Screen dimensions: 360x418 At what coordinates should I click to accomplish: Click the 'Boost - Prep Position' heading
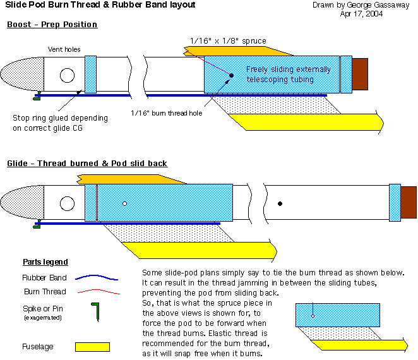pyautogui.click(x=52, y=25)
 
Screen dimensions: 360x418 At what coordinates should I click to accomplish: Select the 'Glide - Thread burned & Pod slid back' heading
pyautogui.click(x=87, y=163)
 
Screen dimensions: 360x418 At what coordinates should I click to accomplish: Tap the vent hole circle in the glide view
pyautogui.click(x=68, y=203)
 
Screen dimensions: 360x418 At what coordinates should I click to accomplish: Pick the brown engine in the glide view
pyautogui.click(x=409, y=202)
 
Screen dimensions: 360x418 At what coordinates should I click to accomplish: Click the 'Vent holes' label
pyautogui.click(x=64, y=49)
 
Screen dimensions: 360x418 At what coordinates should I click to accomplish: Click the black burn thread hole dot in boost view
pyautogui.click(x=232, y=76)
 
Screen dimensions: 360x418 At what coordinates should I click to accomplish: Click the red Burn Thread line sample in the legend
pyautogui.click(x=96, y=292)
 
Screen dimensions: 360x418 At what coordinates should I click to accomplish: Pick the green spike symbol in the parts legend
pyautogui.click(x=95, y=311)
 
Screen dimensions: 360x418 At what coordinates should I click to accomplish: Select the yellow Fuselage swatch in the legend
pyautogui.click(x=92, y=347)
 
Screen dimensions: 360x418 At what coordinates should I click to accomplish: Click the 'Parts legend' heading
pyautogui.click(x=45, y=262)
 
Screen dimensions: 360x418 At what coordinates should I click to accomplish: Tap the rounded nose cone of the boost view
pyautogui.click(x=23, y=75)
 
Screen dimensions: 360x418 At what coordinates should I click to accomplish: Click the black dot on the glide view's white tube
pyautogui.click(x=280, y=203)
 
